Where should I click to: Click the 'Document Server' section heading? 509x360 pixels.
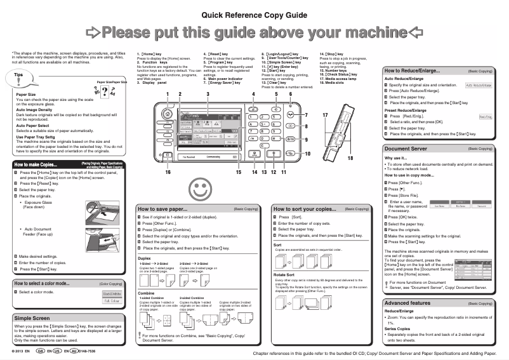pos(407,149)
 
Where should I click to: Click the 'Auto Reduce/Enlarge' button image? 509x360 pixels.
pos(479,85)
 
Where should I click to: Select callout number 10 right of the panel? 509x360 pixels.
pos(308,154)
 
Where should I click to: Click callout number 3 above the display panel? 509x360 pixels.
pos(208,94)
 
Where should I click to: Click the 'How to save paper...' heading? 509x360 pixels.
pos(163,208)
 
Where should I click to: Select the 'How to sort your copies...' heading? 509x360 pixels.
pos(304,208)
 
